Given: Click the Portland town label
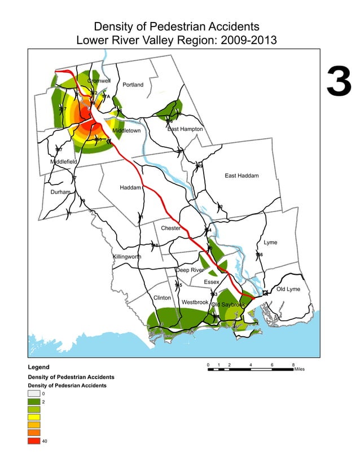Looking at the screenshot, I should coord(133,85).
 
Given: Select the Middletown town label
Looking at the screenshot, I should coord(126,131).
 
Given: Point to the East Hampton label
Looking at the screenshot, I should coord(185,129).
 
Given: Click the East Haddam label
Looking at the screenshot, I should coord(242,176).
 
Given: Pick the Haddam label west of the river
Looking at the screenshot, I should coord(130,187).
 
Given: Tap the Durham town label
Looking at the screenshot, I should coord(60,192).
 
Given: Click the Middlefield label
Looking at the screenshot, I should coord(64,162).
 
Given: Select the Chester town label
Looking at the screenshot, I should coord(171,228).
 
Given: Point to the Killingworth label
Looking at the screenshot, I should coord(127,257).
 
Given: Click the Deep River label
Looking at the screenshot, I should coord(190,270).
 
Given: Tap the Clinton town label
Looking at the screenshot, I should coord(162,297).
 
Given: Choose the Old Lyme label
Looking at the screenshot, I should coord(288,289).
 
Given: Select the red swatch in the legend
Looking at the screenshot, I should coord(34,441).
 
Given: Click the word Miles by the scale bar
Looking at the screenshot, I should coord(298,370).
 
